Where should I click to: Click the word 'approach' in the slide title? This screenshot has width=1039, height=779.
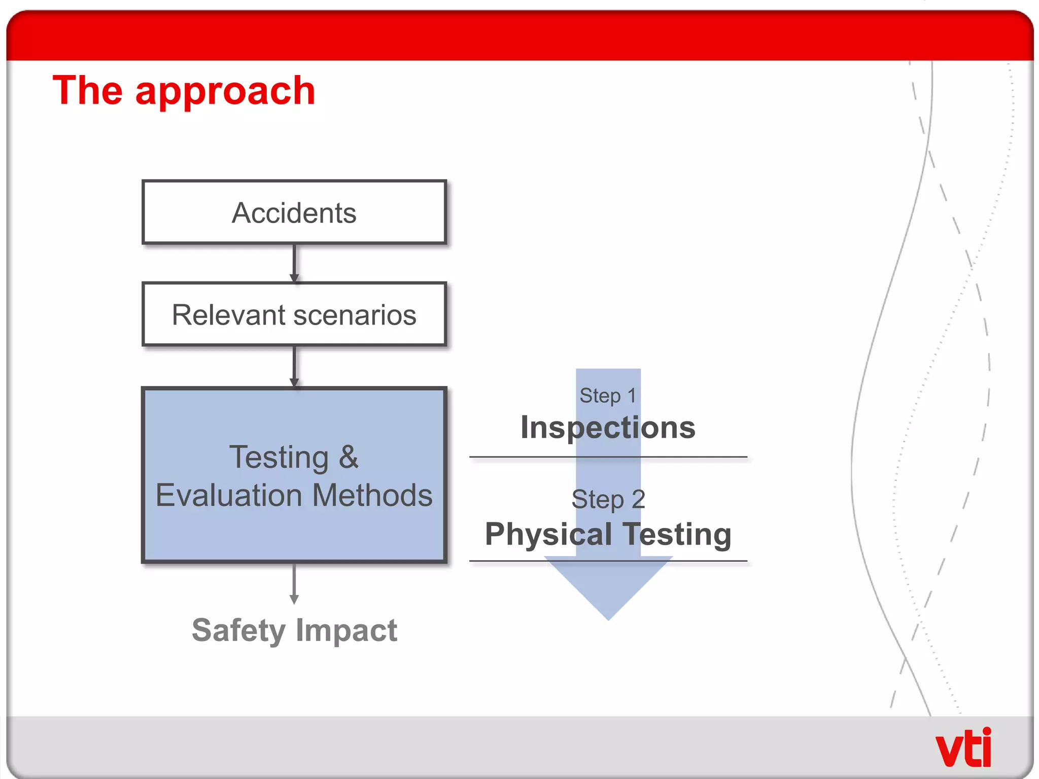[x=225, y=91]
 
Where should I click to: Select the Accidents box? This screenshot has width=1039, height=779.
[x=294, y=213]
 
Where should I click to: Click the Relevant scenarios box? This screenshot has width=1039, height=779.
[x=294, y=314]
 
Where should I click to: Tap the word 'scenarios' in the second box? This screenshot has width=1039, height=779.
[x=355, y=315]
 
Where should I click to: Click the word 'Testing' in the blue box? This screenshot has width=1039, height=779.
[x=279, y=457]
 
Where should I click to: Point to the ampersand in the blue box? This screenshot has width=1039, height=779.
[x=349, y=457]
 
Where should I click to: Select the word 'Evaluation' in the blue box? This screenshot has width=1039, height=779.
[x=229, y=495]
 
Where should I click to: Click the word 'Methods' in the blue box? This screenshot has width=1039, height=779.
[x=372, y=495]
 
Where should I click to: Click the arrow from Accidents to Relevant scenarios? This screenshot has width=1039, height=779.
[x=294, y=263]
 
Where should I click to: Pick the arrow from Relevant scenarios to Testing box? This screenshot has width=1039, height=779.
[x=294, y=366]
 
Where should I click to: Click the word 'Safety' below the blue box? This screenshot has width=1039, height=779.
[x=238, y=630]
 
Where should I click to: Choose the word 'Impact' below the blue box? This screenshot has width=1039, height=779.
[x=347, y=630]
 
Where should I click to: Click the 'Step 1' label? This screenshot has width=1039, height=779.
[x=608, y=396]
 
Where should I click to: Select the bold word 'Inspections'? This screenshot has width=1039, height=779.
[x=608, y=427]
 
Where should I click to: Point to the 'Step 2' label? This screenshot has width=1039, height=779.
[x=608, y=499]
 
